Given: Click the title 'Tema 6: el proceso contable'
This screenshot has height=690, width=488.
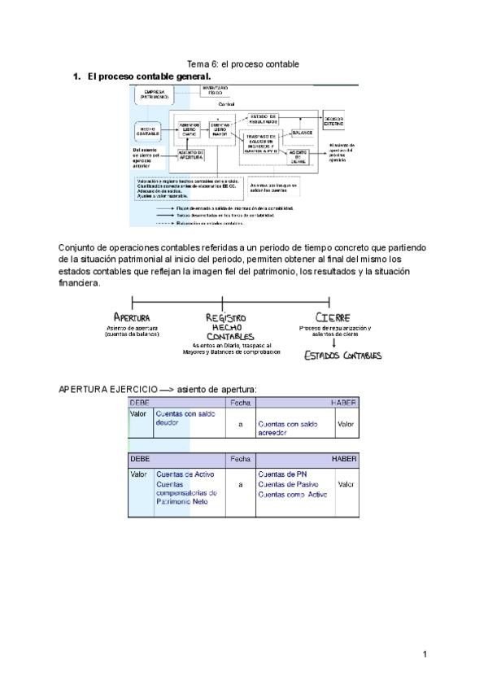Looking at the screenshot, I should coord(243,63).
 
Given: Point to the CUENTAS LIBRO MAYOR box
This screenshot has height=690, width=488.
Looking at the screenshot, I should coord(220,128).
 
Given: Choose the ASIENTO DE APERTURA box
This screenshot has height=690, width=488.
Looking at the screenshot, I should coord(191,155).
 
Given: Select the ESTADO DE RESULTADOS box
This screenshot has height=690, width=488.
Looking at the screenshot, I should coord(263,119).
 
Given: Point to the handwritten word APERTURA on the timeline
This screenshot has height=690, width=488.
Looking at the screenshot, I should coord(132,317).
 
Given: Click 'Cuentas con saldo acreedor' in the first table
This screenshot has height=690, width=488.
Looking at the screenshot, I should coord(287,428).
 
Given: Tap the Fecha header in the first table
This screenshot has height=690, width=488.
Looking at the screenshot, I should coord(241,403).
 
